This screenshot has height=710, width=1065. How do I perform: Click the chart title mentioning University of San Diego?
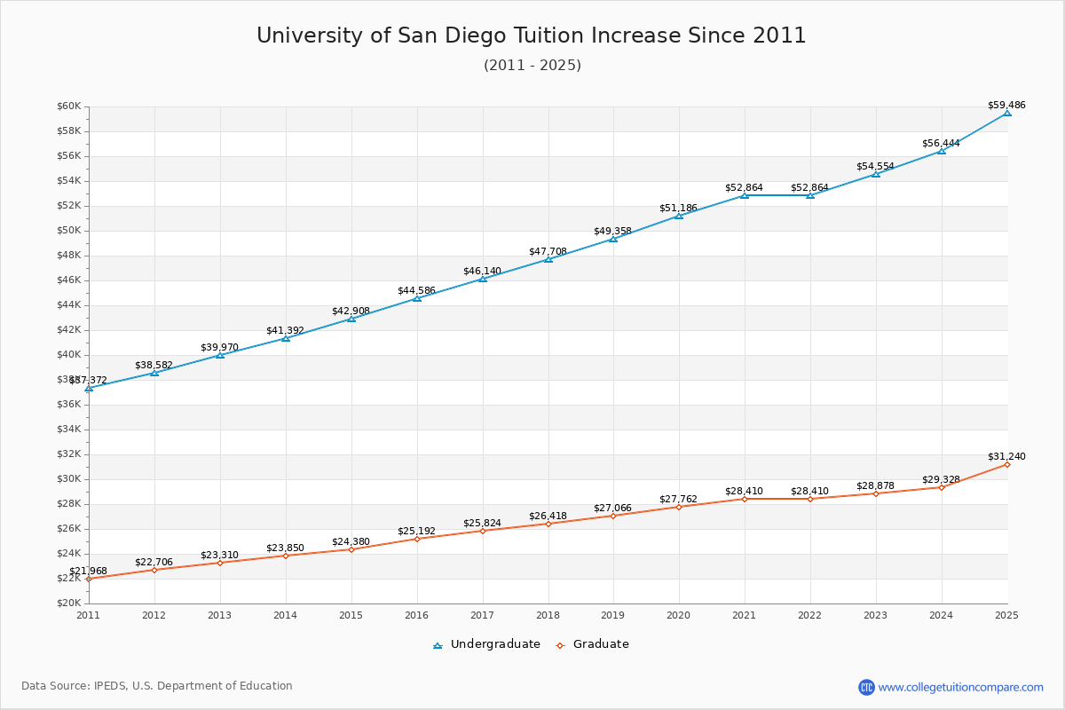point(532,35)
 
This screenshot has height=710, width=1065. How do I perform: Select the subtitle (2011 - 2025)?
point(532,66)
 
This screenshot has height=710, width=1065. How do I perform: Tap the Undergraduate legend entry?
point(495,644)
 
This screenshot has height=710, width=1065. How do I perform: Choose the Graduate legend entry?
point(601,644)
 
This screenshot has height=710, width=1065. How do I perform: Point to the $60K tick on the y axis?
point(69,106)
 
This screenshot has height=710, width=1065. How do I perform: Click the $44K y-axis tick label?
point(69,305)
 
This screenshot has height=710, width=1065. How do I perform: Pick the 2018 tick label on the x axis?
point(548,615)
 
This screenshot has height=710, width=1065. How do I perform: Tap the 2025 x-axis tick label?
point(1006,615)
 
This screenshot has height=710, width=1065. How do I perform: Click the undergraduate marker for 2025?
point(1007,113)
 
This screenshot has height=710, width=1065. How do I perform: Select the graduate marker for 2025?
point(1007,464)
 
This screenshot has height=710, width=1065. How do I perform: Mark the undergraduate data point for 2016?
point(417,298)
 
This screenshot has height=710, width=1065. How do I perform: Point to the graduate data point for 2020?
point(679,507)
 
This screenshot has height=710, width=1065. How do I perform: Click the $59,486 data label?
point(1006,105)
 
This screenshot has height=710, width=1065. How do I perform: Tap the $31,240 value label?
point(1006,456)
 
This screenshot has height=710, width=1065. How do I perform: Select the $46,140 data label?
point(482,271)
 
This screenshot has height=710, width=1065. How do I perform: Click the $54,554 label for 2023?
point(875,166)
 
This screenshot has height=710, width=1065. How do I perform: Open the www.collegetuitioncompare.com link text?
point(961,687)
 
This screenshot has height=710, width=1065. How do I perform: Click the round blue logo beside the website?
point(866,687)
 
